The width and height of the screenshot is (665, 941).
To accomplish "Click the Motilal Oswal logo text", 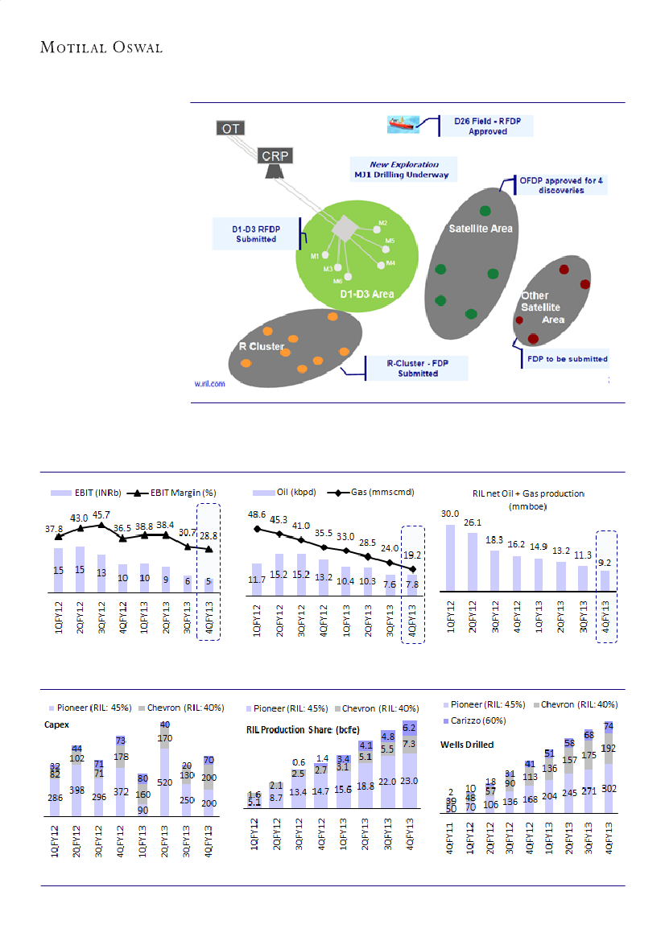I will [101, 47].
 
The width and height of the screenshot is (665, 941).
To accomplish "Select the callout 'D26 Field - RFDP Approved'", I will [487, 126].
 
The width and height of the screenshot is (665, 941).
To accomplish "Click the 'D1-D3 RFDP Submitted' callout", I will [255, 233].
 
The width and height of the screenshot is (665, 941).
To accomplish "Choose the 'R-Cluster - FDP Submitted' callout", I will [417, 368].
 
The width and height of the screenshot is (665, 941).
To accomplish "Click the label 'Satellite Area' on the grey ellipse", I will [480, 229].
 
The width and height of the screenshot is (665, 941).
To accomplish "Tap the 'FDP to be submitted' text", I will [567, 359].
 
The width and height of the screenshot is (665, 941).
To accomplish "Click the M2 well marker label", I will [383, 223].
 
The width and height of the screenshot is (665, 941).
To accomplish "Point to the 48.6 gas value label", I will [256, 514].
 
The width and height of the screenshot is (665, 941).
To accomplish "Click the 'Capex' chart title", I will [56, 724].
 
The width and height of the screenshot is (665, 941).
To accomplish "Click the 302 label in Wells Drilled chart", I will [609, 788].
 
